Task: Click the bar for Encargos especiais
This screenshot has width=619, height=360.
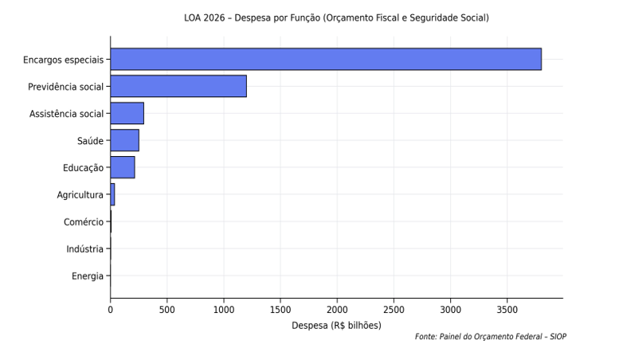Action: click(325, 59)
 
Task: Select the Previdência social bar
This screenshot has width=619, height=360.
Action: click(178, 86)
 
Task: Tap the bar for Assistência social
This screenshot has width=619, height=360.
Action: click(127, 113)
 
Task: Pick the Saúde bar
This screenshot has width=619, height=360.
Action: click(124, 140)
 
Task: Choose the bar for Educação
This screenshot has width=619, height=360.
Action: click(123, 167)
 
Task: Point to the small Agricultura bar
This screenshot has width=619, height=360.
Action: click(112, 194)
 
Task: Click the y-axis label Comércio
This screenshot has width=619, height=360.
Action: click(84, 222)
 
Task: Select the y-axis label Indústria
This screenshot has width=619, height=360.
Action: click(85, 249)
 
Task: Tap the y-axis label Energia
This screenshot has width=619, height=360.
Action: click(88, 276)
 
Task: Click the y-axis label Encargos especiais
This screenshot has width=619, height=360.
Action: click(63, 60)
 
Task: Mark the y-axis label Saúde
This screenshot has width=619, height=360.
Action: click(90, 141)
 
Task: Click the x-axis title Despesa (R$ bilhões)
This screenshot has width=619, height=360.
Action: click(336, 325)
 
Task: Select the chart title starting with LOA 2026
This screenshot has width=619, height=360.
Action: click(336, 18)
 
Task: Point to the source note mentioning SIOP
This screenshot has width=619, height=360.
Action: click(491, 337)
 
